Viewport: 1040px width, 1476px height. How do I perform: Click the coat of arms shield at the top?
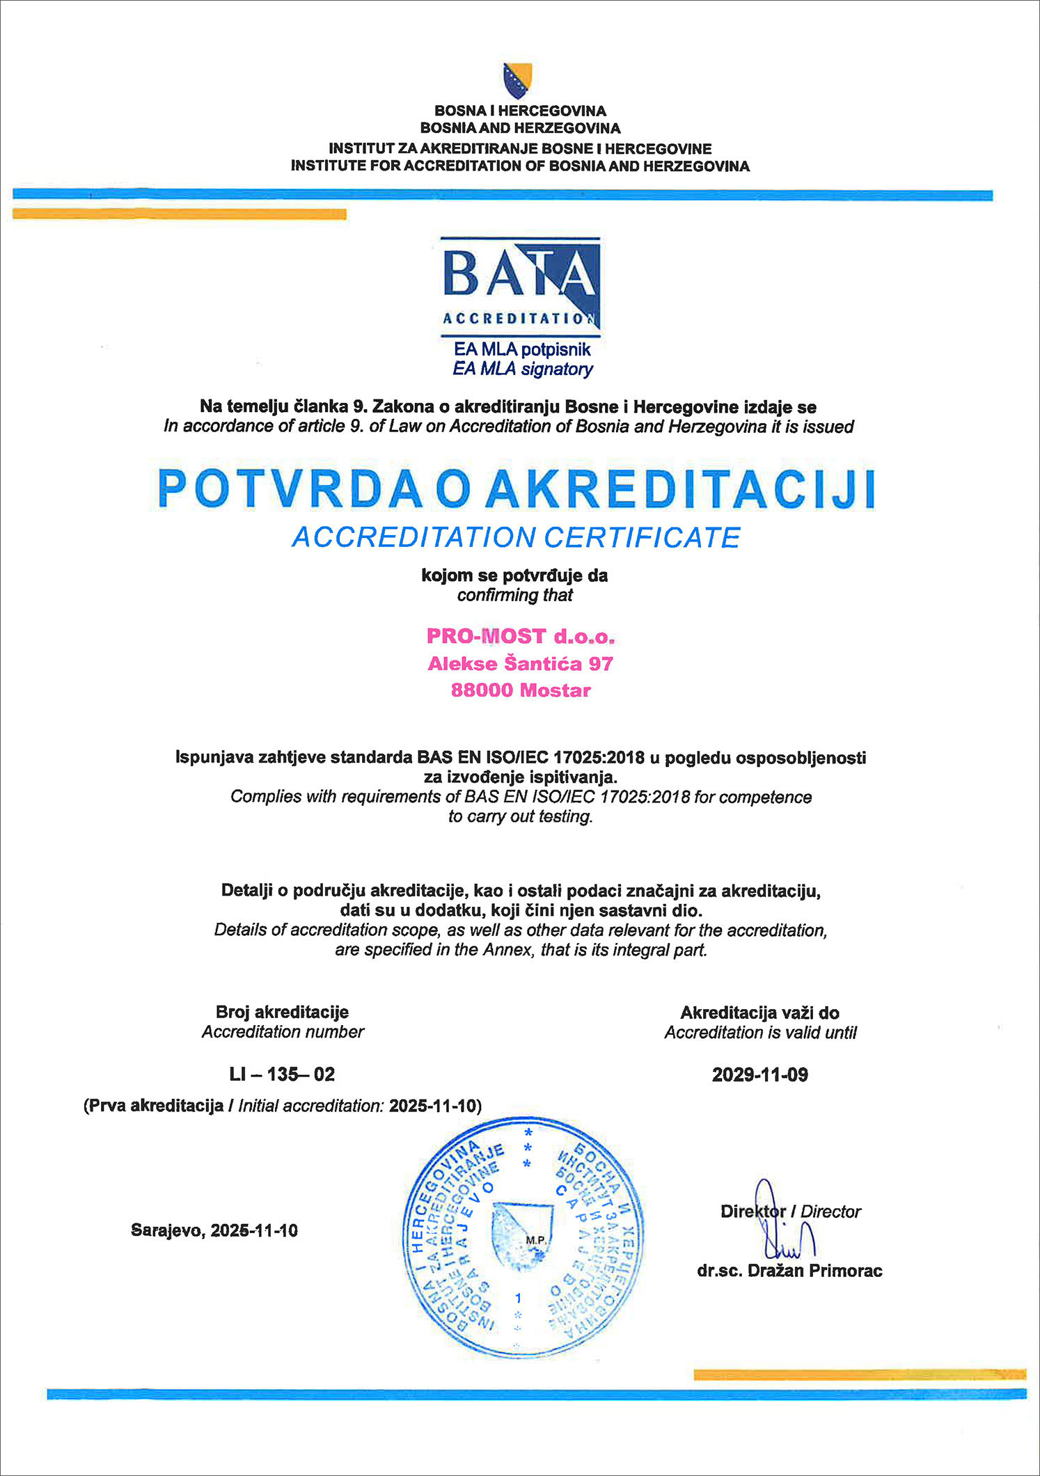tap(517, 79)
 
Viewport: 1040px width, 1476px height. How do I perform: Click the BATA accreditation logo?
tap(521, 285)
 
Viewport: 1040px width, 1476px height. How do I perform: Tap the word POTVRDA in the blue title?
tap(290, 489)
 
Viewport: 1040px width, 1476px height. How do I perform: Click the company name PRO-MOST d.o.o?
tap(520, 636)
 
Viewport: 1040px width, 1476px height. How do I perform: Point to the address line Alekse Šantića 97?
tap(520, 664)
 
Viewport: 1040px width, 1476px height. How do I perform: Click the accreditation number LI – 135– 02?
tap(282, 1074)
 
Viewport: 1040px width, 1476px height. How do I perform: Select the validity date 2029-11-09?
tap(759, 1075)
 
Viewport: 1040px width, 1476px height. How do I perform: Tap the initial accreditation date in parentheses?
tap(434, 1106)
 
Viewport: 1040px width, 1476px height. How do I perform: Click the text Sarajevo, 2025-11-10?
tap(214, 1230)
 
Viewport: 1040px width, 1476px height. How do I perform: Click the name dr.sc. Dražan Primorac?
tap(789, 1271)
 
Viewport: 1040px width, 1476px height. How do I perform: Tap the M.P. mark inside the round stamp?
tap(535, 1240)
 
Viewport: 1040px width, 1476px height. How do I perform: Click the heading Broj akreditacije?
tap(282, 1012)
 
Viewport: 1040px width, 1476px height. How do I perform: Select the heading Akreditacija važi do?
tap(759, 1013)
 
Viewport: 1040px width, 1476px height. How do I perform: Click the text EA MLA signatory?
tap(522, 369)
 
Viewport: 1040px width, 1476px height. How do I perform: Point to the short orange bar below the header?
tap(180, 214)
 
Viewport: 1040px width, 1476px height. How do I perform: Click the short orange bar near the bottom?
tap(860, 1374)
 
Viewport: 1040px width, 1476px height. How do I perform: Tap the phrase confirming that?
tap(514, 596)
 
